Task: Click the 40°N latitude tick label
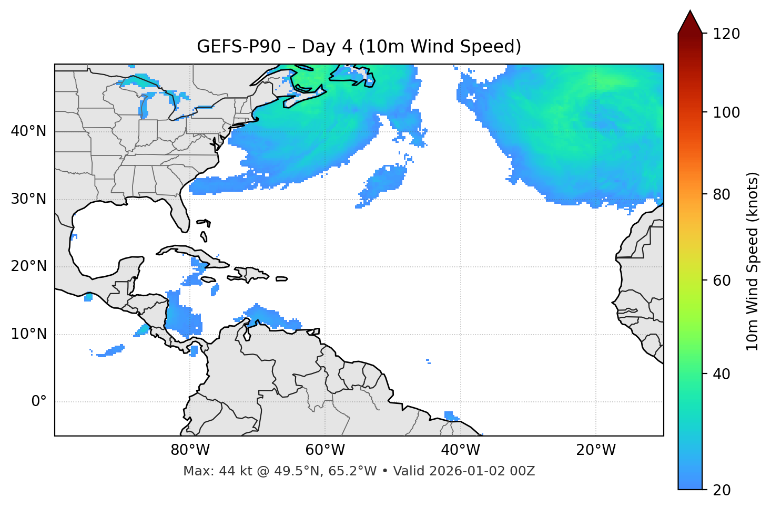click(x=28, y=131)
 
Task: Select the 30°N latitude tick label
click(x=28, y=199)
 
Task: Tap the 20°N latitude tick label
click(x=28, y=266)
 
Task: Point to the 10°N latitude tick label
click(x=28, y=334)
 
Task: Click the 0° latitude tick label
click(x=39, y=402)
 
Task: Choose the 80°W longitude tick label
click(x=190, y=450)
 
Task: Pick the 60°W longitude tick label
click(x=325, y=450)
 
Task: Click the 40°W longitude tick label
click(x=461, y=450)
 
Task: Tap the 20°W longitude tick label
click(x=596, y=450)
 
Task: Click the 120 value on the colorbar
click(x=726, y=34)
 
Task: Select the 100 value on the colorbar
click(x=726, y=112)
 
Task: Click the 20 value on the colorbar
click(x=722, y=490)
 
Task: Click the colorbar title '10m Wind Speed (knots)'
click(x=753, y=261)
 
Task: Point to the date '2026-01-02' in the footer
click(x=470, y=471)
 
